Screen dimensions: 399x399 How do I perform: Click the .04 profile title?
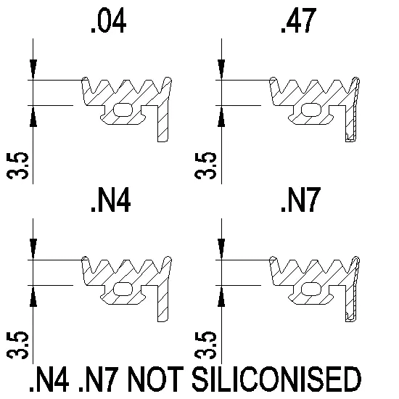click(x=109, y=20)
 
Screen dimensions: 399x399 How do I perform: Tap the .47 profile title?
click(x=299, y=20)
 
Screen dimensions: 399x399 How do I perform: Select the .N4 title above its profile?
click(x=111, y=200)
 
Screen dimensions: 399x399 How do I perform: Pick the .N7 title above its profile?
click(x=300, y=200)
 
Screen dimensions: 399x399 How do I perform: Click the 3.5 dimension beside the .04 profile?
click(x=18, y=165)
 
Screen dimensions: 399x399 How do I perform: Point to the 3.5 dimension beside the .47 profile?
click(x=205, y=165)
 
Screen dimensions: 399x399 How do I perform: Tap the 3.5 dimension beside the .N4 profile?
click(x=18, y=345)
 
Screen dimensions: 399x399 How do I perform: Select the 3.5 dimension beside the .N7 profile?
click(x=205, y=345)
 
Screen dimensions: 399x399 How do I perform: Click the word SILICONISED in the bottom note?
click(x=276, y=379)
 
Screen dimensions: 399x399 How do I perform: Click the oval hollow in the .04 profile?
click(x=123, y=110)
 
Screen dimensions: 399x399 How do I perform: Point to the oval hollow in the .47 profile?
click(x=310, y=110)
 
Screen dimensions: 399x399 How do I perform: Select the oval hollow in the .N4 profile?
click(x=123, y=289)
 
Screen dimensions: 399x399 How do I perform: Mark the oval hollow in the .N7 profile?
click(x=310, y=289)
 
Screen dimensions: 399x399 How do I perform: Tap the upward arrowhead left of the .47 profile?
click(x=221, y=116)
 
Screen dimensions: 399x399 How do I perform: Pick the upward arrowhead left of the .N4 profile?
click(x=33, y=296)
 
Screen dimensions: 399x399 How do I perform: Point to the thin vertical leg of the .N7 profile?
click(x=351, y=303)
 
